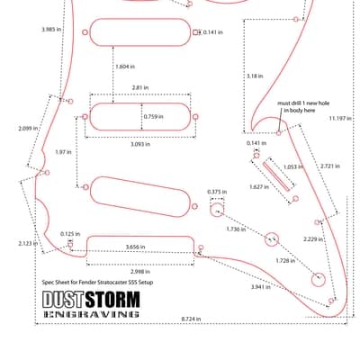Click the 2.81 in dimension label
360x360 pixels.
pos(140,88)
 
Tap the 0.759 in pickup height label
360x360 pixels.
pos(154,116)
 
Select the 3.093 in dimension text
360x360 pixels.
pos(140,144)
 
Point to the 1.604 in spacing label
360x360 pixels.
pos(125,67)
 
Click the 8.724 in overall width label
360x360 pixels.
pos(191,319)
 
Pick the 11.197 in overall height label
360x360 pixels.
pos(340,119)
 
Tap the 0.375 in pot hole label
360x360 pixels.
pos(217,192)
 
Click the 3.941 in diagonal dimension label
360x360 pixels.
pos(261,287)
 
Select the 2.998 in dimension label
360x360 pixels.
pos(140,272)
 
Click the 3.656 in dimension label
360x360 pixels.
pos(135,247)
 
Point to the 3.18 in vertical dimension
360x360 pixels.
pos(255,76)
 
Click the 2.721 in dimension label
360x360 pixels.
pos(330,166)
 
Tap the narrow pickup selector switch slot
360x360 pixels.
pos(276,176)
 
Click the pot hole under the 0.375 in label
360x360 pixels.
pos(217,210)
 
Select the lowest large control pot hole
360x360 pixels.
pos(319,280)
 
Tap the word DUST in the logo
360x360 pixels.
pos(62,300)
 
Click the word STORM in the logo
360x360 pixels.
pos(112,300)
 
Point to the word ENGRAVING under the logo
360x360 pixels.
pos(91,314)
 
